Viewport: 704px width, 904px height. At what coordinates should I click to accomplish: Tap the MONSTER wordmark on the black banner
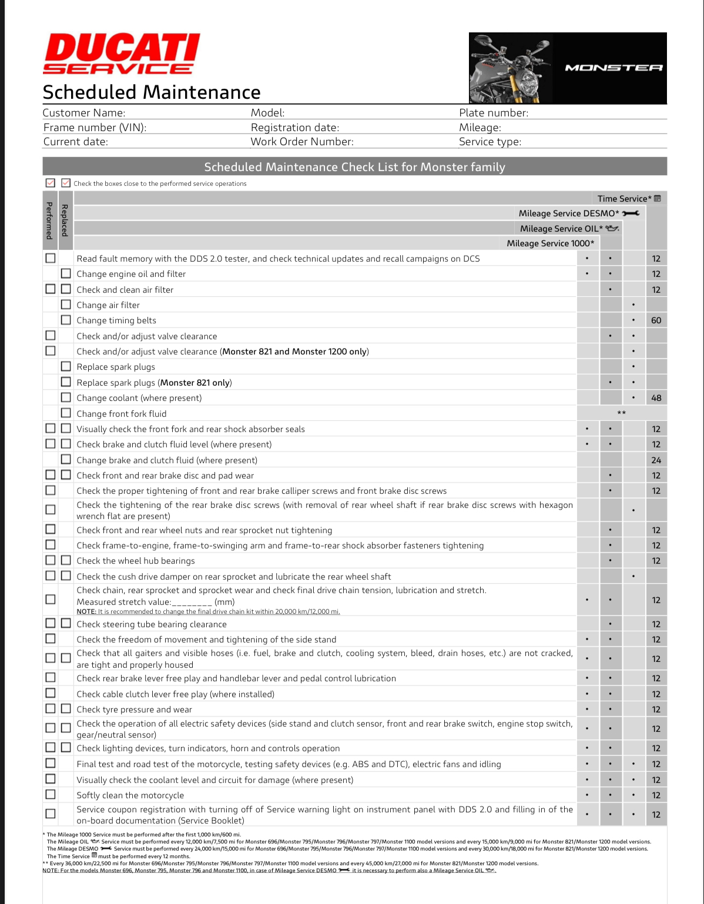614,68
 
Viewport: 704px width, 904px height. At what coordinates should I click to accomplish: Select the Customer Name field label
83,113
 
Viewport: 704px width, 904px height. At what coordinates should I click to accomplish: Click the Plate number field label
493,113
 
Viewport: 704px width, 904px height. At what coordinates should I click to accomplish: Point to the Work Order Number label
302,142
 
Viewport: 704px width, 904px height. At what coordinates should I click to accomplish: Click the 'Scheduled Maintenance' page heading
152,92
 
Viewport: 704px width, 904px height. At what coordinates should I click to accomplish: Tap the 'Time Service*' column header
623,199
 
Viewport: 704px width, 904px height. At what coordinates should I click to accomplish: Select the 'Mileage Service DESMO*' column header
568,213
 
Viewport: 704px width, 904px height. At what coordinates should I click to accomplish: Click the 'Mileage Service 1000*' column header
550,243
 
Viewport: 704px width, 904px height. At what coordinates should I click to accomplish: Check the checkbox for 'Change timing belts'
66,320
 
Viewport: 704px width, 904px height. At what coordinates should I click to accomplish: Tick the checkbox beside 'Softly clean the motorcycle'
51,794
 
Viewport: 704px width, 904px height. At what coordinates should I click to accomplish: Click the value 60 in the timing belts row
656,320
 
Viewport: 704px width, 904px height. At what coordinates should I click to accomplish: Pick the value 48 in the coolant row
656,398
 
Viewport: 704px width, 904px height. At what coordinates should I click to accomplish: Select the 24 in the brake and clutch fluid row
656,460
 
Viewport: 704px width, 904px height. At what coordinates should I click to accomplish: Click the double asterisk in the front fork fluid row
621,413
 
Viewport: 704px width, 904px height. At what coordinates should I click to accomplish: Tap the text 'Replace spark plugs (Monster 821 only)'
154,383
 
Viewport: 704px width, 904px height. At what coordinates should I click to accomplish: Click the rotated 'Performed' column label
49,220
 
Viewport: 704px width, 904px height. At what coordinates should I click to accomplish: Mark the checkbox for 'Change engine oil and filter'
66,273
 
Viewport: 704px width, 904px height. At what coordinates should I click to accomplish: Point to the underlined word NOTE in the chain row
86,611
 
